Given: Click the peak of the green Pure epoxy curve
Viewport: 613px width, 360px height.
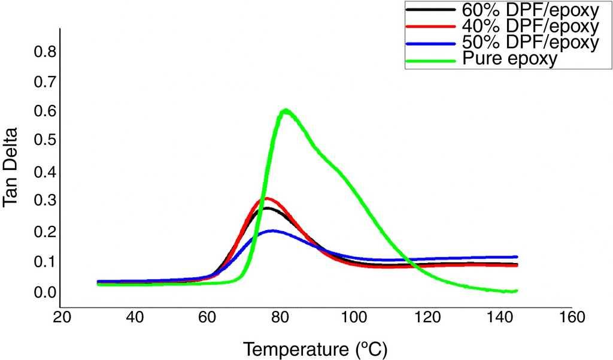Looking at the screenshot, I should click(x=286, y=110).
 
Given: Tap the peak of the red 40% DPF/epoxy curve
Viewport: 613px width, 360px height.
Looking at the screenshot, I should click(x=268, y=198).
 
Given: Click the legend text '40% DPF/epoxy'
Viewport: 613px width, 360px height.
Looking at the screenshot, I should click(x=530, y=26).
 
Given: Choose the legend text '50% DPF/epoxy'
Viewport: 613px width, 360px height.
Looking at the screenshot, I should click(x=530, y=43).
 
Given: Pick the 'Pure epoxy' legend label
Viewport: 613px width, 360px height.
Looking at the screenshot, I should click(x=510, y=59).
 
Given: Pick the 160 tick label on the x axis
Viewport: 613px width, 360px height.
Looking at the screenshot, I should click(x=572, y=317).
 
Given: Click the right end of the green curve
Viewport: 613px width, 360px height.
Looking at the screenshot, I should click(x=516, y=291).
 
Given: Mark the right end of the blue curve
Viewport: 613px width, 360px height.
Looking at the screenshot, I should click(x=516, y=257).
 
